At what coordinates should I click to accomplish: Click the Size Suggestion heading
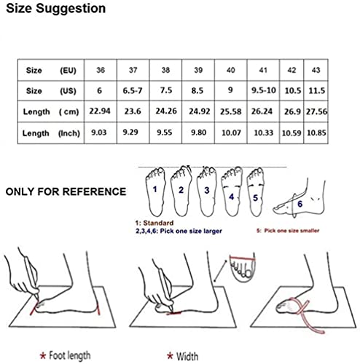pyautogui.click(x=56, y=9)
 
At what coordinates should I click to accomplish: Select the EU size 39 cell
pyautogui.click(x=198, y=70)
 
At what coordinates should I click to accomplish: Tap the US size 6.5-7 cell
pyautogui.click(x=133, y=91)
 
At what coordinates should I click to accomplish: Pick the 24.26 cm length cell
pyautogui.click(x=166, y=111)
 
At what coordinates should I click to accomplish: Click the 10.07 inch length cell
pyautogui.click(x=231, y=132)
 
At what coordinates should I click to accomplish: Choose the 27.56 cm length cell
pyautogui.click(x=316, y=111)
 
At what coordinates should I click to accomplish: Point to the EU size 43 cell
pyautogui.click(x=316, y=70)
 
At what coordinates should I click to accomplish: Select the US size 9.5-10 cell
pyautogui.click(x=263, y=90)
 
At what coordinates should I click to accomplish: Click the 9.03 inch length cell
pyautogui.click(x=99, y=132)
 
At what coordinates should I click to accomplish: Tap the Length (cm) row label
pyautogui.click(x=51, y=111)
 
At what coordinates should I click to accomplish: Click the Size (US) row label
pyautogui.click(x=51, y=91)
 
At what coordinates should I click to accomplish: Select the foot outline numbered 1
pyautogui.click(x=155, y=191)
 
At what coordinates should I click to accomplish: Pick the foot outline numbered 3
pyautogui.click(x=207, y=191)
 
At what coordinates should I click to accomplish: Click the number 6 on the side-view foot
pyautogui.click(x=300, y=204)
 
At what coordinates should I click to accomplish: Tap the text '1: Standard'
pyautogui.click(x=154, y=223)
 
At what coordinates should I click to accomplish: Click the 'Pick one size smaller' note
pyautogui.click(x=291, y=231)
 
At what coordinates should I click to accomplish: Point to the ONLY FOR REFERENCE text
pyautogui.click(x=66, y=191)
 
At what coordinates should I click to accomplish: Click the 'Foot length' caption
pyautogui.click(x=70, y=355)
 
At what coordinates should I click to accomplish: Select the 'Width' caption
pyautogui.click(x=187, y=357)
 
